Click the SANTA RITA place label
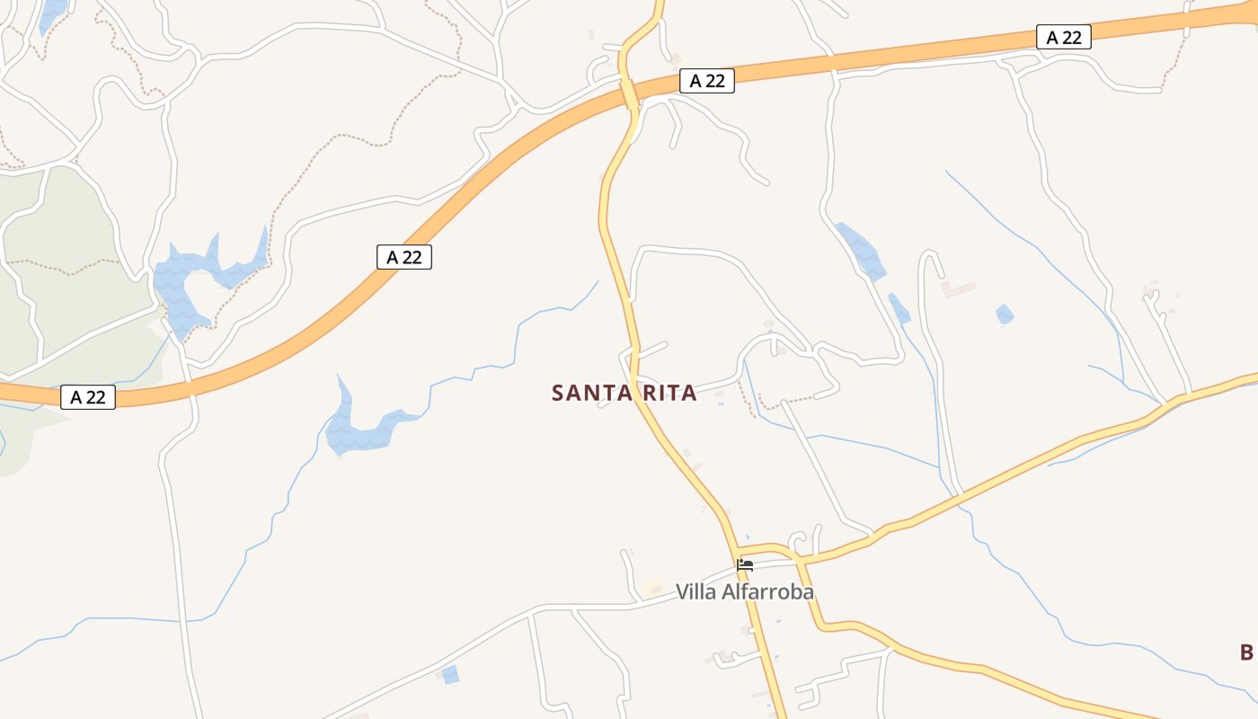pos(624,393)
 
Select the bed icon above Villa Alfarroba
pos(745,565)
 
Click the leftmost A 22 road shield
pos(88,397)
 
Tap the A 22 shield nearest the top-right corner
pos(1064,37)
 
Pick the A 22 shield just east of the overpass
pos(707,81)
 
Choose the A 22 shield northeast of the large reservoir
pos(403,257)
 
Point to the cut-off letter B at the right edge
pos(1246,652)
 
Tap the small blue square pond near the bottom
pos(450,674)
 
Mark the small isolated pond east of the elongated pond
pos(1005,315)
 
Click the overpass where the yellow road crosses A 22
pos(630,93)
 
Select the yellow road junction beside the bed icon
pos(735,550)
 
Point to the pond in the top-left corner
pos(51,13)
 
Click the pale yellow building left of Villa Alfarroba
pos(651,589)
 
